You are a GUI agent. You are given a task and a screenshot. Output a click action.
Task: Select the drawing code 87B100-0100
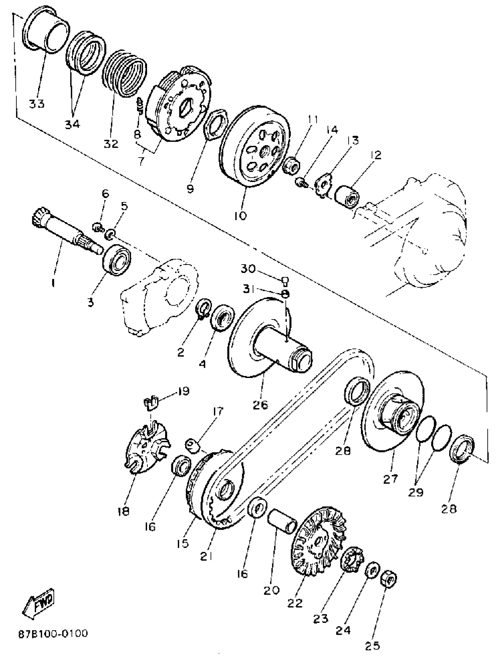[53, 633]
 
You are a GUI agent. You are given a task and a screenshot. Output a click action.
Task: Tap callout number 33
[37, 104]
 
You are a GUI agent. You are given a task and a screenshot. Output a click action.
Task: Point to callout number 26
[260, 405]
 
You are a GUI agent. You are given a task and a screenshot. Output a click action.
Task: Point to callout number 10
[240, 215]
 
